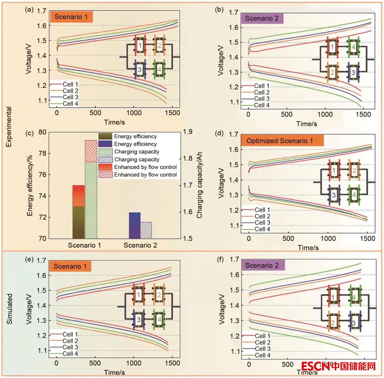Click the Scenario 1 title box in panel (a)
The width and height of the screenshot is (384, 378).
click(x=71, y=17)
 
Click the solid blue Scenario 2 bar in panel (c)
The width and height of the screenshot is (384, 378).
click(x=134, y=225)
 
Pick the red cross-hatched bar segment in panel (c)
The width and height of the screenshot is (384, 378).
click(x=91, y=151)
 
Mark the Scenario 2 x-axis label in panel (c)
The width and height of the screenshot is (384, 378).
click(x=140, y=245)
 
